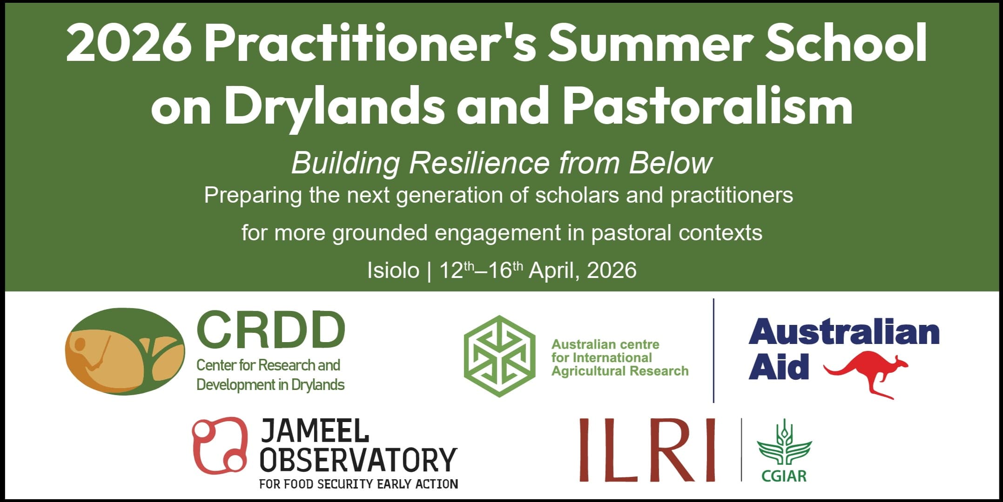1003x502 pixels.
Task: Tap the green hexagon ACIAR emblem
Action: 499,357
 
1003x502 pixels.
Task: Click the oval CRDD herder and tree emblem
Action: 125,351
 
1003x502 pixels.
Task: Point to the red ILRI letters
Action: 647,449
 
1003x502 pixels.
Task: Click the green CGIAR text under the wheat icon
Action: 784,476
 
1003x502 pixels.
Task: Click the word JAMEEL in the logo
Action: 315,431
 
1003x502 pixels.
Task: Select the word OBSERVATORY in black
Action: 358,460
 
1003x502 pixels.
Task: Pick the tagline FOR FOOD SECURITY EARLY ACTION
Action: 358,484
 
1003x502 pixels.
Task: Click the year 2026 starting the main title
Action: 128,44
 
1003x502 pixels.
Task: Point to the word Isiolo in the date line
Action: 393,271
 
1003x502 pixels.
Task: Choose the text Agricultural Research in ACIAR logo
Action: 619,371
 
